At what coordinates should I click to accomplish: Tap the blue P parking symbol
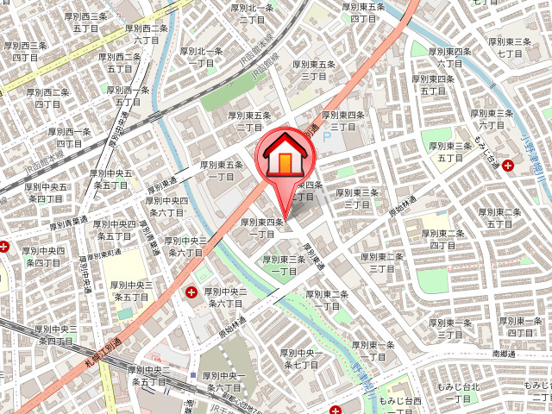326,135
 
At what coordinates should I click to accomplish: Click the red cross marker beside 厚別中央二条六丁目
191,293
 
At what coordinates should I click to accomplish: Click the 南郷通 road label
505,354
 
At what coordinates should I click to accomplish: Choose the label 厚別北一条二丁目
252,13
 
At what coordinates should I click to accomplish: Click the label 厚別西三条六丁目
145,34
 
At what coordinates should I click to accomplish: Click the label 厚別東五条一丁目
222,170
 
